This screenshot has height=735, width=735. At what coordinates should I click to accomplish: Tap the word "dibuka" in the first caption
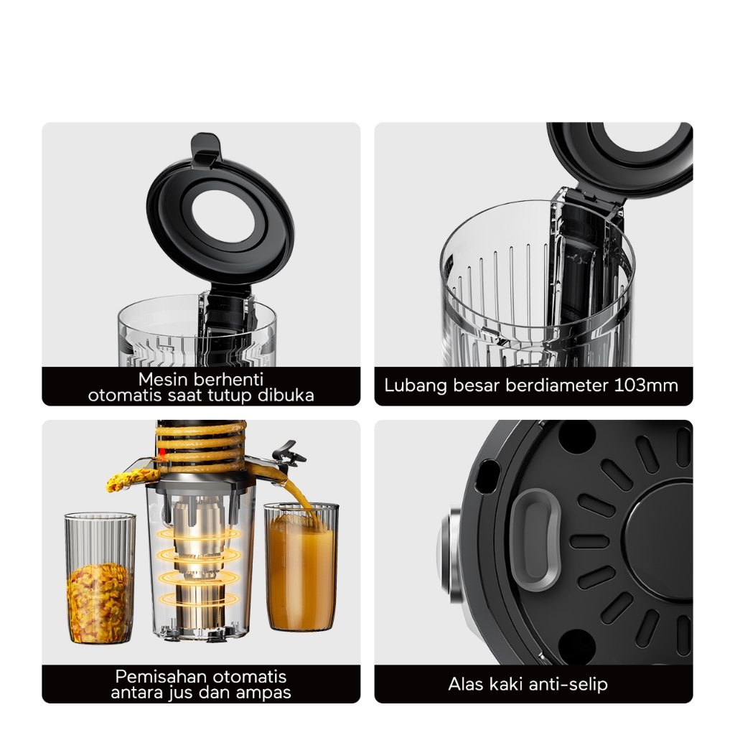(x=286, y=395)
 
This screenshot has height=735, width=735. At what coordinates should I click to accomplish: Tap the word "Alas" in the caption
(x=465, y=684)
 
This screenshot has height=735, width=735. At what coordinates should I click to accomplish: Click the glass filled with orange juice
(x=301, y=566)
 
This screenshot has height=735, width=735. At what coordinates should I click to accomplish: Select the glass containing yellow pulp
(x=100, y=578)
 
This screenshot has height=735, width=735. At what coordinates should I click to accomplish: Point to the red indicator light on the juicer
(x=162, y=452)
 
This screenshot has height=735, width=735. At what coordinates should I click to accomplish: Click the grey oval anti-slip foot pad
(x=535, y=538)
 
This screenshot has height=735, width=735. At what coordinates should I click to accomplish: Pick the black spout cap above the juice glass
(x=287, y=453)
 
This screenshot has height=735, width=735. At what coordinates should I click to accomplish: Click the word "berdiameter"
(x=556, y=385)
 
